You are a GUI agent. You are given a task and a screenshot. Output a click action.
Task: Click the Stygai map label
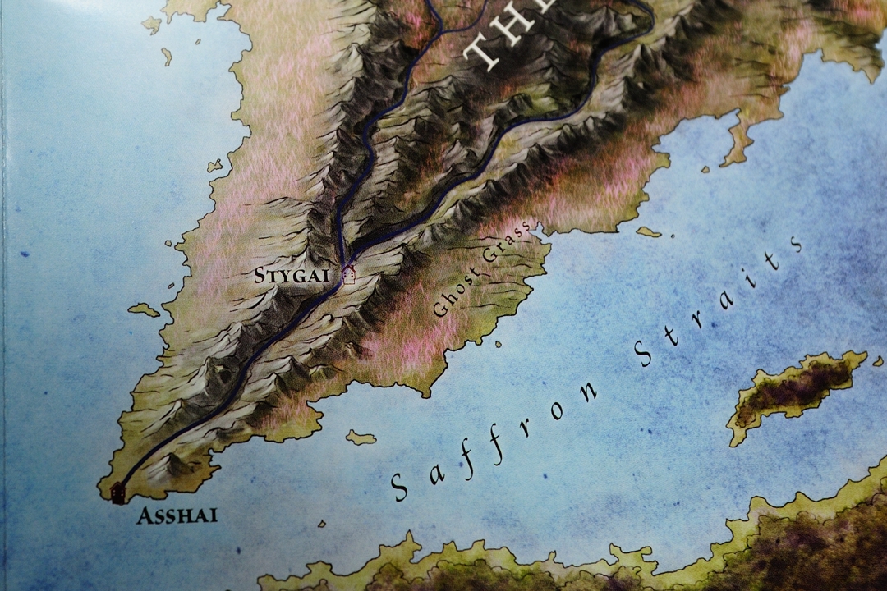(x=286, y=275)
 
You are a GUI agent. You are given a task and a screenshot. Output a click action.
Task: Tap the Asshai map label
(x=178, y=516)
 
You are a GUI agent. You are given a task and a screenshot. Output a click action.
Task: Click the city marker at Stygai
(x=349, y=274)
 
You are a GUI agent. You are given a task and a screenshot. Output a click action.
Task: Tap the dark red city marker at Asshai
(x=118, y=492)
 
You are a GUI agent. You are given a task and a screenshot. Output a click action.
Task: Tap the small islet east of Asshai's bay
(x=361, y=438)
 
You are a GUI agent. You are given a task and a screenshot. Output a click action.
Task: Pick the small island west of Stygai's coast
(x=145, y=310)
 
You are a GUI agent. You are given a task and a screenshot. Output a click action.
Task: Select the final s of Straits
(x=794, y=245)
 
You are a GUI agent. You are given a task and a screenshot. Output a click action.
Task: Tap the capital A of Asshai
(x=145, y=516)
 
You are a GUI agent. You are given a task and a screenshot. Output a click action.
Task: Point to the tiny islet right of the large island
(x=877, y=360)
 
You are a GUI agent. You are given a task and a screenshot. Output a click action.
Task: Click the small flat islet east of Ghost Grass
(x=648, y=232)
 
